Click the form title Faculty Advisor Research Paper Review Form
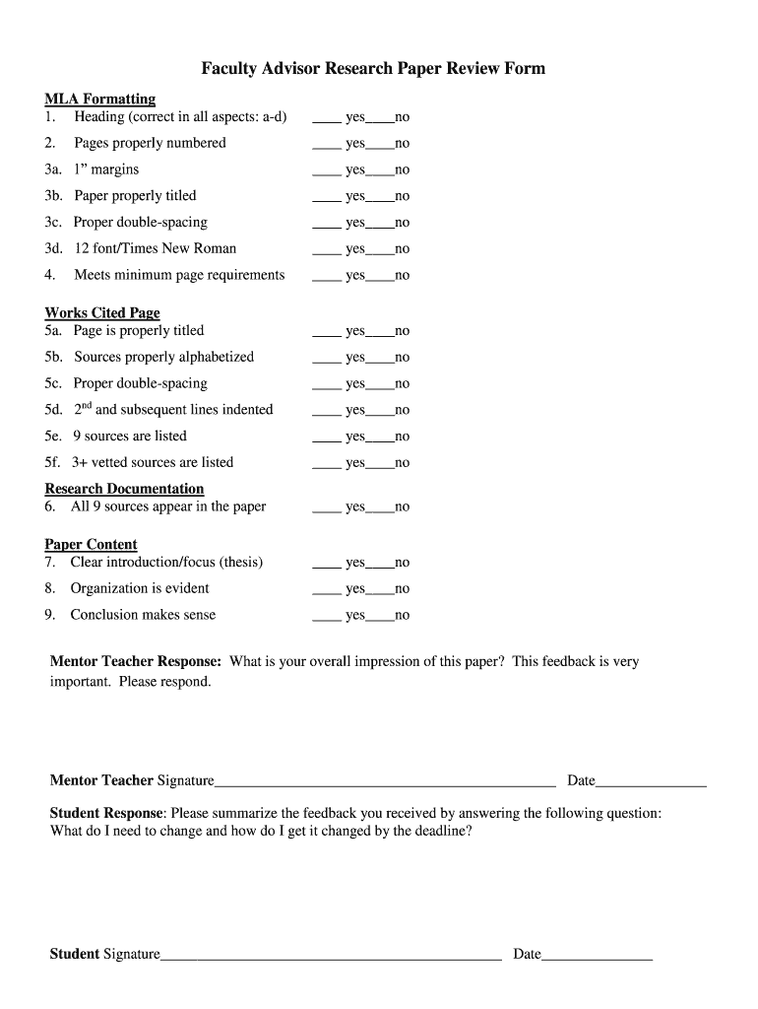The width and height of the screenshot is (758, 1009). pyautogui.click(x=373, y=68)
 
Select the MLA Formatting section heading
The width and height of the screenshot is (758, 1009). pyautogui.click(x=100, y=99)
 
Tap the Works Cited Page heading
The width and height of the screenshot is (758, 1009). pyautogui.click(x=102, y=312)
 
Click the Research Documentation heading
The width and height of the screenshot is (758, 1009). pyautogui.click(x=124, y=489)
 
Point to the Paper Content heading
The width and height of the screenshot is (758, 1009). pyautogui.click(x=91, y=544)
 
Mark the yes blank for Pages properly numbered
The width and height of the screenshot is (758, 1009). pyautogui.click(x=327, y=145)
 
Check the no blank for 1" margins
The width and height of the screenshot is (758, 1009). pyautogui.click(x=380, y=171)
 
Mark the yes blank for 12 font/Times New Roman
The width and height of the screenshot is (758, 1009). pyautogui.click(x=327, y=250)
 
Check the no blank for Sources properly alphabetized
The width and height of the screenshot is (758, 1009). pyautogui.click(x=380, y=359)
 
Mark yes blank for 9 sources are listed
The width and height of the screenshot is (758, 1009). pyautogui.click(x=327, y=437)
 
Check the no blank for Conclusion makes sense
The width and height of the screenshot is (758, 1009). pyautogui.click(x=380, y=617)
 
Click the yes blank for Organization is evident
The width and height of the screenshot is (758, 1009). pyautogui.click(x=327, y=590)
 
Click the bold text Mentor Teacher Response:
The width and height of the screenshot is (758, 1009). pyautogui.click(x=136, y=662)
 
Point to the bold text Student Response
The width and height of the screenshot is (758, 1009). pyautogui.click(x=106, y=813)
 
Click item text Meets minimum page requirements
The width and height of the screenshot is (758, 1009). pyautogui.click(x=179, y=275)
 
